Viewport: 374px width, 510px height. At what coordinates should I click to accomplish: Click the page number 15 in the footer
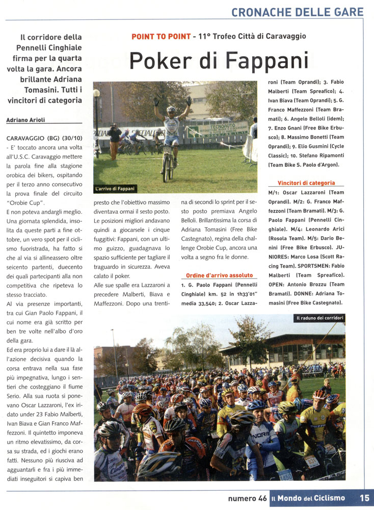(364, 498)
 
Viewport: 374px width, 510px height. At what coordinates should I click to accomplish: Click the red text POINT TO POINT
(161, 36)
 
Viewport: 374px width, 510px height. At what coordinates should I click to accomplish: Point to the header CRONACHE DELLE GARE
(298, 12)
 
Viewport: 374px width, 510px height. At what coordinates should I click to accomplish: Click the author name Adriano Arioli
(25, 120)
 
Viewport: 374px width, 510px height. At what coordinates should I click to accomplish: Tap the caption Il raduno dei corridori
(320, 318)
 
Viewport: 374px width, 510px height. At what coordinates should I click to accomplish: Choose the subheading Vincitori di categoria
(306, 183)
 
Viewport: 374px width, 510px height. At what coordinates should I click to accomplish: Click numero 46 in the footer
(247, 498)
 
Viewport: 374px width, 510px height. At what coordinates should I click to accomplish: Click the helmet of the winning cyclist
(171, 109)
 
